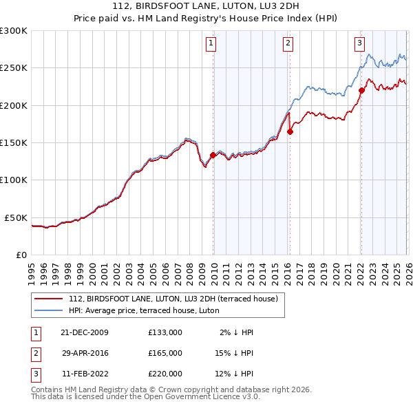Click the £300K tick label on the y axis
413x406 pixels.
tap(14, 31)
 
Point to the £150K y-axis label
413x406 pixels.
tap(14, 142)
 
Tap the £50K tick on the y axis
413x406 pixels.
tap(16, 217)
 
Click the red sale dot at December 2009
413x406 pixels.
tap(213, 156)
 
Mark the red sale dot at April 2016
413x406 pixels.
tap(290, 131)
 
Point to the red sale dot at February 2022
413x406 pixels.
tap(361, 90)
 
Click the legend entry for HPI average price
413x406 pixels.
tap(143, 310)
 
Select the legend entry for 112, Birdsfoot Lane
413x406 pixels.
tap(173, 299)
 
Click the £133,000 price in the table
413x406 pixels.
tap(165, 332)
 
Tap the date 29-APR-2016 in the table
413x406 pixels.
tap(85, 353)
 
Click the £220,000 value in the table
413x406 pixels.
tap(165, 374)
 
